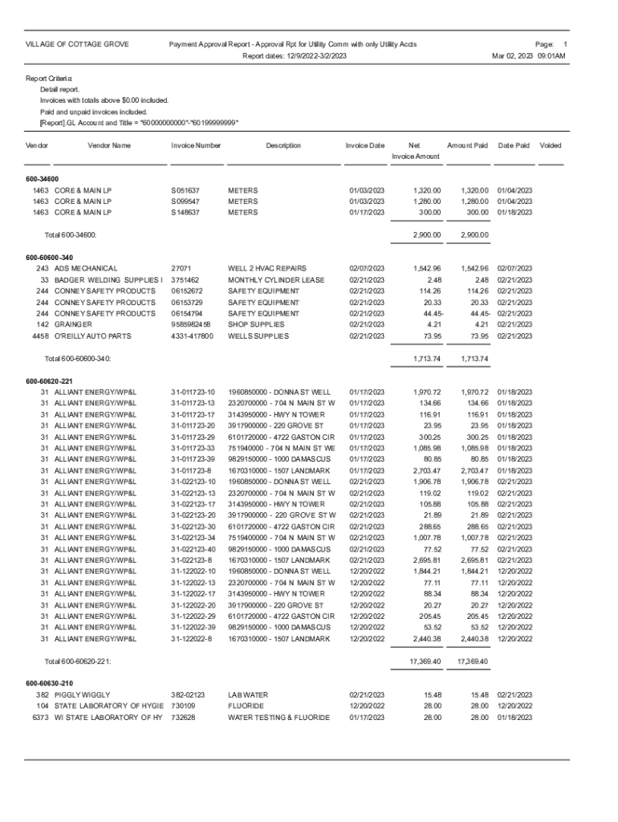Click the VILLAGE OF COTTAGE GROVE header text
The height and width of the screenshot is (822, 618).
pyautogui.click(x=78, y=44)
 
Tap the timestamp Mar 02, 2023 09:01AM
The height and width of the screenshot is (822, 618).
pyautogui.click(x=529, y=56)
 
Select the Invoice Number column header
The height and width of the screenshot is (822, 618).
pyautogui.click(x=196, y=145)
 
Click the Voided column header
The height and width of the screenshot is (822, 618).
pyautogui.click(x=551, y=145)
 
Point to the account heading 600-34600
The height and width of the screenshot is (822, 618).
pyautogui.click(x=42, y=178)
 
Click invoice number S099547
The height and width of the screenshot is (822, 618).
pyautogui.click(x=185, y=201)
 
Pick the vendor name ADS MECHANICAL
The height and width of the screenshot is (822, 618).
pyautogui.click(x=86, y=267)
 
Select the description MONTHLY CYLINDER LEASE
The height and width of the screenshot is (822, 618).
pyautogui.click(x=276, y=279)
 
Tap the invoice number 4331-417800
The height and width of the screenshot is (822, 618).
pyautogui.click(x=193, y=336)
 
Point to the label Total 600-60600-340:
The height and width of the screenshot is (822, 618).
pyautogui.click(x=77, y=358)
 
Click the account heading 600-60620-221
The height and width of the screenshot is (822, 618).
pyautogui.click(x=49, y=380)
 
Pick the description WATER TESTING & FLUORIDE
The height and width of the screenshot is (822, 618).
pyautogui.click(x=279, y=717)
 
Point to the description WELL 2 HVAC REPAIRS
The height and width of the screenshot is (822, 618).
pyautogui.click(x=269, y=267)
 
